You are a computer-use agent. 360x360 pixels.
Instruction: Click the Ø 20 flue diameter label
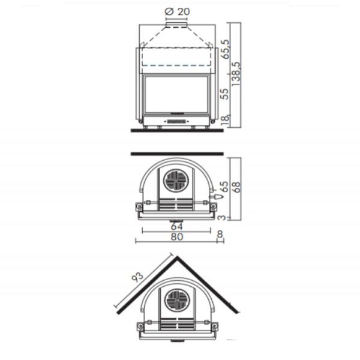point(178,11)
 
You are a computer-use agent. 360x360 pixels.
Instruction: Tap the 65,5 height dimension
point(225,49)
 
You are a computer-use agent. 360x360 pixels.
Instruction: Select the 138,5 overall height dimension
point(236,74)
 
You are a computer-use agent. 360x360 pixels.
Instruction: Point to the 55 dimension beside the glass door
point(225,94)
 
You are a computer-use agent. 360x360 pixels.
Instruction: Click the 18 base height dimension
point(225,119)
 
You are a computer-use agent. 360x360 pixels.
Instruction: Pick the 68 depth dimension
point(236,187)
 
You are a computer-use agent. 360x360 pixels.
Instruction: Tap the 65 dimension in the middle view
point(224,187)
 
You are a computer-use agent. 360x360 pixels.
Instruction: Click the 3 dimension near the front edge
point(222,217)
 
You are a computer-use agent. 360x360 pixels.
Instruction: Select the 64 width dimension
point(176,226)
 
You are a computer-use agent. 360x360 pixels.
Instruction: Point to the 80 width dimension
point(177,237)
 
